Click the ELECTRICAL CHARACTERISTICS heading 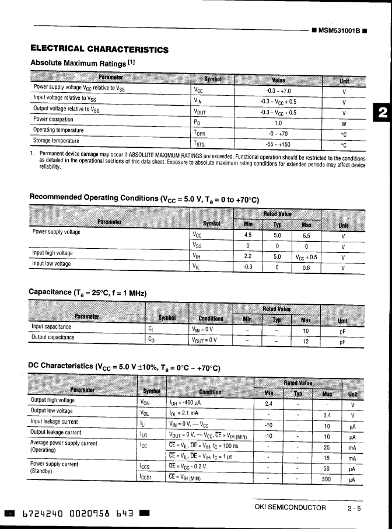(99, 49)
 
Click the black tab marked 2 (381, 113)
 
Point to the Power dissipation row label (53, 119)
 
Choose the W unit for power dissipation (344, 124)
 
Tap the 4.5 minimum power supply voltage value (247, 236)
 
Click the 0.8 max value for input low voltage (306, 269)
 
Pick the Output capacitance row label (52, 337)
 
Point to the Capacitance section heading (87, 293)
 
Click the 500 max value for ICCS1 (327, 479)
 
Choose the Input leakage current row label (54, 421)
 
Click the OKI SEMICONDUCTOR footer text (290, 507)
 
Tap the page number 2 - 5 (354, 509)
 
